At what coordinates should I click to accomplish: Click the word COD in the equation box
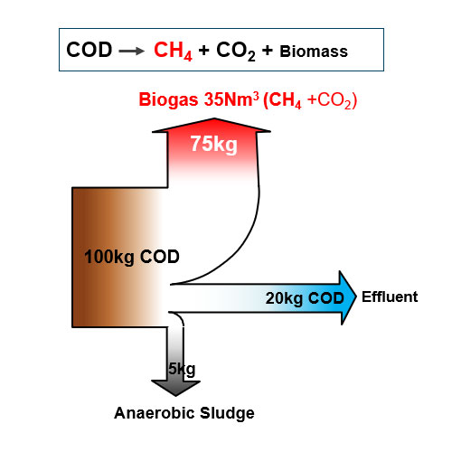[89, 50]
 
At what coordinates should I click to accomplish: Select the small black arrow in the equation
[132, 51]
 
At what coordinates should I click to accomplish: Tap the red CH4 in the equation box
[173, 51]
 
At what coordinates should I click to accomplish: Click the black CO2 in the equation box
[236, 51]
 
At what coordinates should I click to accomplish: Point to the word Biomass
[314, 52]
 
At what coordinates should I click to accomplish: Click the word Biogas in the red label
[168, 100]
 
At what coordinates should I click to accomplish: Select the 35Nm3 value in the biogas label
[231, 99]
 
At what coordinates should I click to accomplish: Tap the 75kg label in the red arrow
[214, 144]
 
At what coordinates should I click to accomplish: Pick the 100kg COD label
[132, 257]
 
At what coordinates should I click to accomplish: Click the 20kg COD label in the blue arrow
[305, 298]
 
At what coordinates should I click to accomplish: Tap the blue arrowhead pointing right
[348, 297]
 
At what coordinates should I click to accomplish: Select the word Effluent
[390, 297]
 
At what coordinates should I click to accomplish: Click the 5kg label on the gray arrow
[182, 369]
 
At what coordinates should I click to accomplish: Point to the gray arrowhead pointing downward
[175, 388]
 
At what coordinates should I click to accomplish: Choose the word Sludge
[227, 413]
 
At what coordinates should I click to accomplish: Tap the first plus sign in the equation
[204, 50]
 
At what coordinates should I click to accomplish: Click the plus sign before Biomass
[268, 50]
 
